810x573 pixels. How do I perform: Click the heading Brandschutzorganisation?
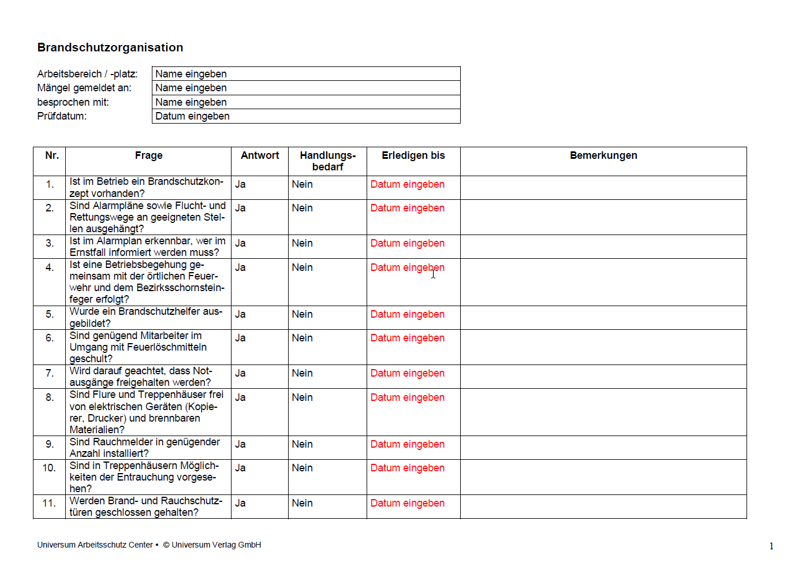110,47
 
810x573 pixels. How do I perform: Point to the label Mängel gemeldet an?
84,88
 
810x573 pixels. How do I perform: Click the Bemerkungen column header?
603,155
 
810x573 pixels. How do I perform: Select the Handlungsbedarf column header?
327,161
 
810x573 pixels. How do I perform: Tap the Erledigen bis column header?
413,155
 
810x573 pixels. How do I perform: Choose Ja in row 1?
240,184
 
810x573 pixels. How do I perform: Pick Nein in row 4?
302,267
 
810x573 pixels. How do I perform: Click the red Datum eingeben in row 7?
407,373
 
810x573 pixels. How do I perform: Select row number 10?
49,468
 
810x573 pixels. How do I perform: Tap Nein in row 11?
302,503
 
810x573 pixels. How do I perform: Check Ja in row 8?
240,397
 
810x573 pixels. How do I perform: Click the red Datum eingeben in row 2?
407,208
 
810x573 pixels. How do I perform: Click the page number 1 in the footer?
771,546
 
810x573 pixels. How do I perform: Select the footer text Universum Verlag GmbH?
216,545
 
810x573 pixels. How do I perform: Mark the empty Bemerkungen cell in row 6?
603,347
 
